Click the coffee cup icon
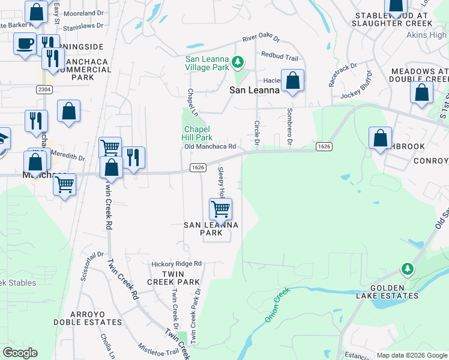tap(25, 44)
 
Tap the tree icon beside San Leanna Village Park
tap(238, 62)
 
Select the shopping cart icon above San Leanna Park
tap(220, 209)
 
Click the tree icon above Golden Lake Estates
tap(408, 269)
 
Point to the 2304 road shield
tap(44, 89)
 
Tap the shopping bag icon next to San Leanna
tap(292, 80)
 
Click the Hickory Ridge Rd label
tap(176, 263)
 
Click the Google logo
tap(20, 353)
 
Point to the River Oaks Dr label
tap(261, 38)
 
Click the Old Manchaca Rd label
tap(209, 146)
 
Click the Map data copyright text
tap(411, 355)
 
